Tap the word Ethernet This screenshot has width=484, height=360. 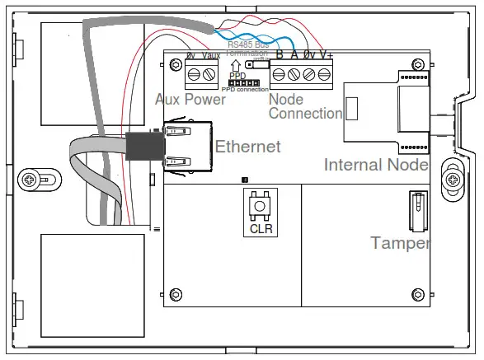[247, 147]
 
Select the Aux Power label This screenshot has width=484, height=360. [190, 99]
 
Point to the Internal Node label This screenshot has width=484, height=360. [376, 165]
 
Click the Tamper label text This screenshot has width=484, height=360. [400, 243]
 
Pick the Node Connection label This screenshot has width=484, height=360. [304, 106]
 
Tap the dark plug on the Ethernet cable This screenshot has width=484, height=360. [143, 147]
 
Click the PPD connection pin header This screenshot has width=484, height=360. [240, 82]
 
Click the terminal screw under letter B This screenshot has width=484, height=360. [279, 76]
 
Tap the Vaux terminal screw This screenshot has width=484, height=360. [209, 76]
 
